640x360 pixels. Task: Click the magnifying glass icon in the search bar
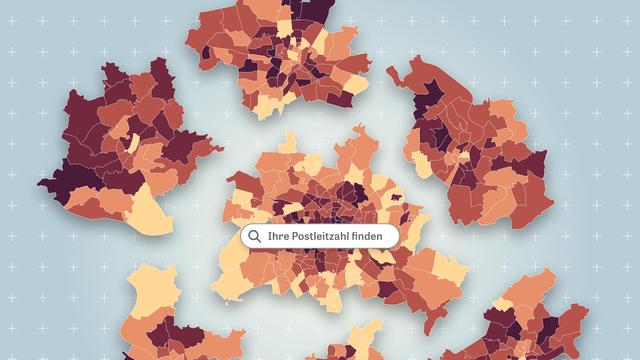coord(255,236)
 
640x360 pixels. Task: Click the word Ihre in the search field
coord(279,236)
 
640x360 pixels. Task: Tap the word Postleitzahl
coord(326,236)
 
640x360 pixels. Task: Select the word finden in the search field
coord(377,236)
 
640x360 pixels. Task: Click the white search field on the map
coord(320,236)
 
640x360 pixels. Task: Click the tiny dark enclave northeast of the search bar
coord(398,200)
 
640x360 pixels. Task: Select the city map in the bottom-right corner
coord(530,320)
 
